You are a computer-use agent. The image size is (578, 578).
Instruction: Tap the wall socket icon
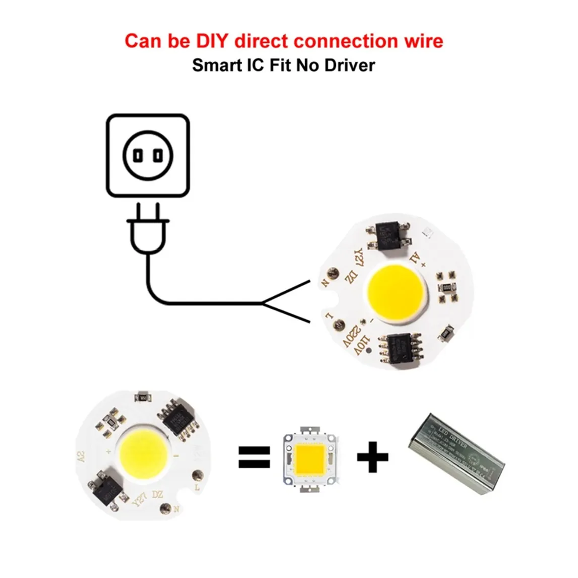(x=147, y=154)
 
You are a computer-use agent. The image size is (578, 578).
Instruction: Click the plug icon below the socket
(x=148, y=235)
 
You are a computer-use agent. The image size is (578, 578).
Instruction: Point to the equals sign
(x=254, y=457)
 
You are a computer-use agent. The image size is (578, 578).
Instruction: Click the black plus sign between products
(x=372, y=457)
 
